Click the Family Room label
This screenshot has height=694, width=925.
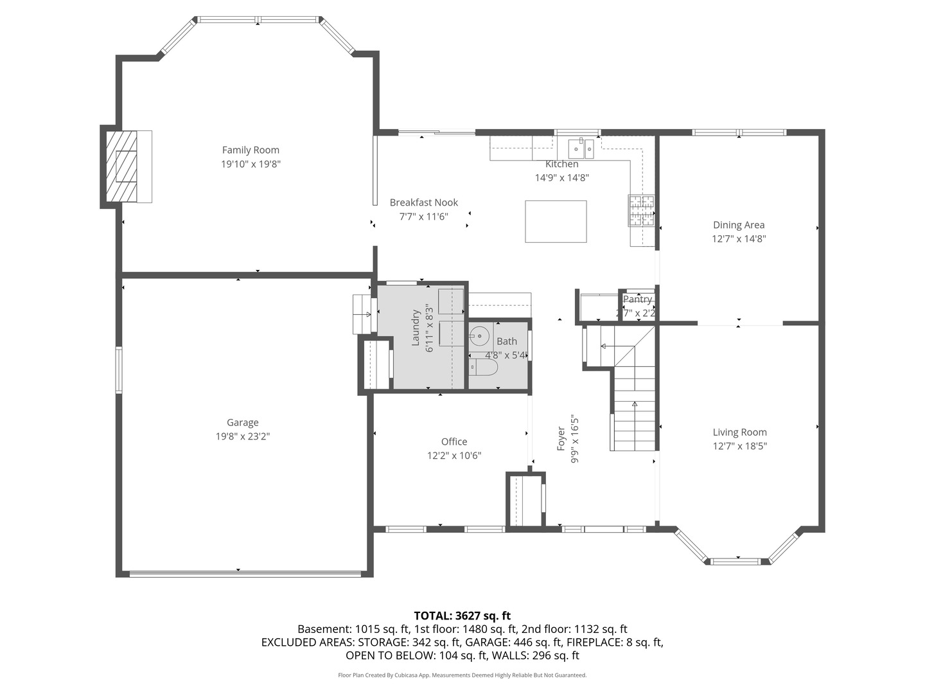point(251,150)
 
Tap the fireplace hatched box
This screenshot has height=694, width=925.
point(121,166)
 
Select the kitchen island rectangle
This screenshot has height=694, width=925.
point(556,221)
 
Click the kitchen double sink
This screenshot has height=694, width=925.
point(581,148)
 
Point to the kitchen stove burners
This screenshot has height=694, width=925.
point(642,210)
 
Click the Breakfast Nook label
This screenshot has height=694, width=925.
point(423,202)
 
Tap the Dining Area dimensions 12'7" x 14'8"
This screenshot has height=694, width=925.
point(739,239)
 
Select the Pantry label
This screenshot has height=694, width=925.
point(638,299)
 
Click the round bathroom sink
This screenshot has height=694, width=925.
point(479,336)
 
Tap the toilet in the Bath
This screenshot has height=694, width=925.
point(483,367)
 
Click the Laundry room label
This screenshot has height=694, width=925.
point(416,328)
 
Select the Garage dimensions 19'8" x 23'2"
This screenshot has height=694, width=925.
point(243,436)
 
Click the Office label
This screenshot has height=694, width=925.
point(454,441)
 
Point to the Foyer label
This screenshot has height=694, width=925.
point(561,439)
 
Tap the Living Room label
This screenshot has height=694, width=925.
point(739,432)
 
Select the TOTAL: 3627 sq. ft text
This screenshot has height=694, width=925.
point(463,616)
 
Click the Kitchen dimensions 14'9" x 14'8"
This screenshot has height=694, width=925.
point(561,178)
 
